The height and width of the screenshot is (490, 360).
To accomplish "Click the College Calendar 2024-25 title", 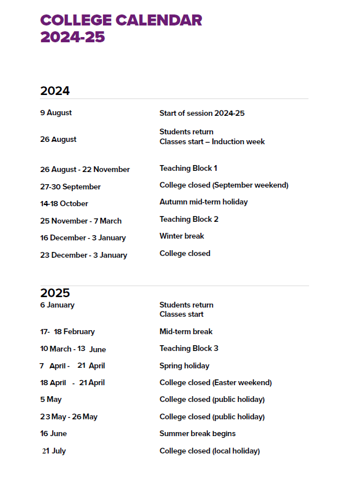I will (121, 28).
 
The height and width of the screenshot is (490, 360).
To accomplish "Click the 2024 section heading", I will (55, 91).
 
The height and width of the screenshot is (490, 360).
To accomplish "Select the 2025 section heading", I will (55, 293).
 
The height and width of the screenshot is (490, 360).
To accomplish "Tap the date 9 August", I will (56, 113).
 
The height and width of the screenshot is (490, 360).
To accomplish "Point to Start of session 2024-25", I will (202, 114).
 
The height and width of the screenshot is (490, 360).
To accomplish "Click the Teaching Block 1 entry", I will (188, 169).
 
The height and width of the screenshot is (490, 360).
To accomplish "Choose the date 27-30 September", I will (71, 187).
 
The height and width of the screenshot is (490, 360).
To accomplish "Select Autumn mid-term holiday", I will (204, 202).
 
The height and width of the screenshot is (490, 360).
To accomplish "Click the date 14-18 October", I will (64, 204).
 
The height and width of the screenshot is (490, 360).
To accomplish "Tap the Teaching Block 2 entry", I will (189, 220).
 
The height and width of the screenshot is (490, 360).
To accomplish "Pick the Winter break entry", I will (182, 236).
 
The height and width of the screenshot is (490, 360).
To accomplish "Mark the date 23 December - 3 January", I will (83, 255).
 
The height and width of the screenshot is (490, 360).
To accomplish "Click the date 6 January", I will (57, 305).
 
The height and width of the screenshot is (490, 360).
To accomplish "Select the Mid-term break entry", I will (186, 332).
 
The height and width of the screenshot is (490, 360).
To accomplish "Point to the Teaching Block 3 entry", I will (189, 349).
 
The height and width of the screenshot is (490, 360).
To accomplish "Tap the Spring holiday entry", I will (184, 366).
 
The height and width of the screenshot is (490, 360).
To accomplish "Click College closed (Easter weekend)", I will (215, 383).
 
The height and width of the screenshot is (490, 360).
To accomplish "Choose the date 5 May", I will (51, 400).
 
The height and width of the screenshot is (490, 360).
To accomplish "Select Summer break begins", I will (197, 434).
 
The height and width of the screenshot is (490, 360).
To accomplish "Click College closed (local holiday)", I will (210, 451).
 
